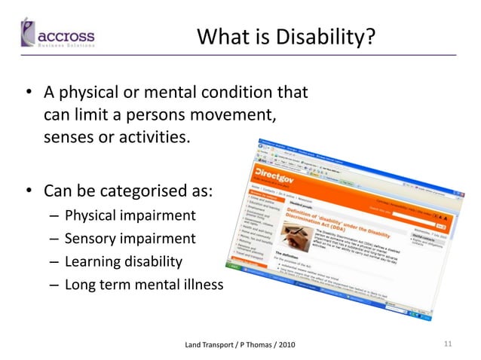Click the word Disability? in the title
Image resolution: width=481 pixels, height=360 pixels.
pos(329,36)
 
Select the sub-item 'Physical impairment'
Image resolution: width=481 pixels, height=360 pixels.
pos(130,216)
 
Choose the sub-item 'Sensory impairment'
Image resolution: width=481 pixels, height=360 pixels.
pos(130,239)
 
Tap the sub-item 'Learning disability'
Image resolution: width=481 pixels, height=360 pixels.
pos(124,261)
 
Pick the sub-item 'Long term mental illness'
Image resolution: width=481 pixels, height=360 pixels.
pos(144,285)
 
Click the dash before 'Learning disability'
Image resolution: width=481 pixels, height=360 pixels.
pos(55,262)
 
